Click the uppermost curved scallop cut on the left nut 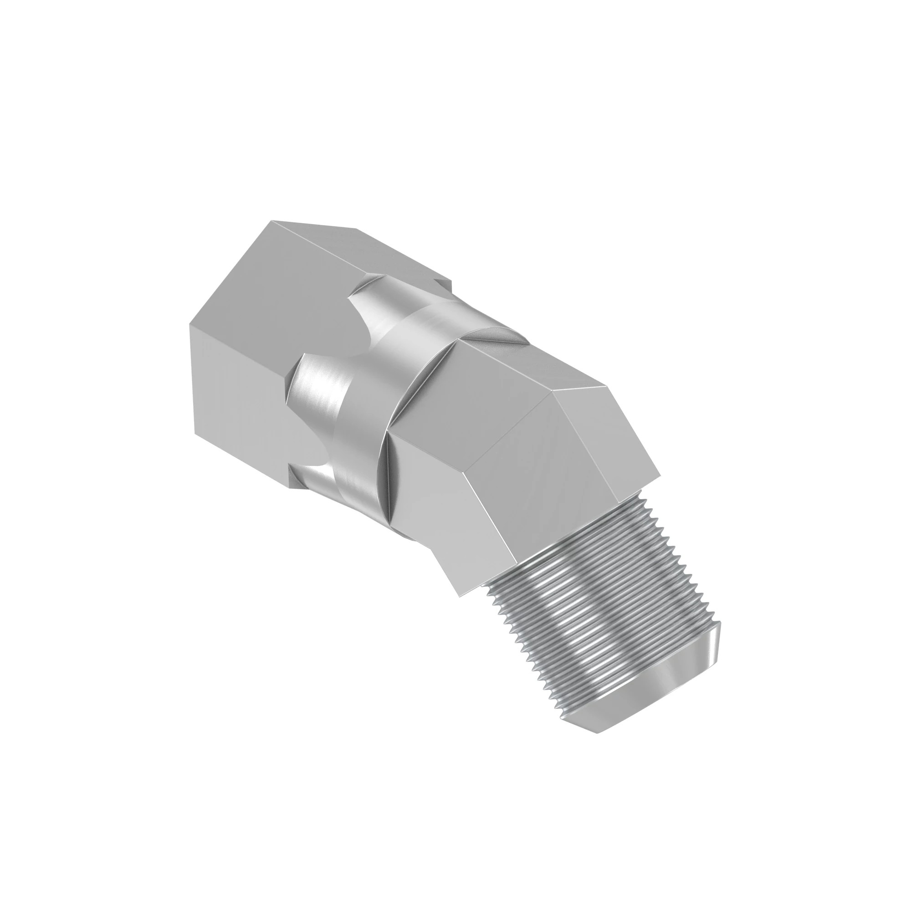(x=377, y=302)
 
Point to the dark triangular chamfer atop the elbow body (x=495, y=337)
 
